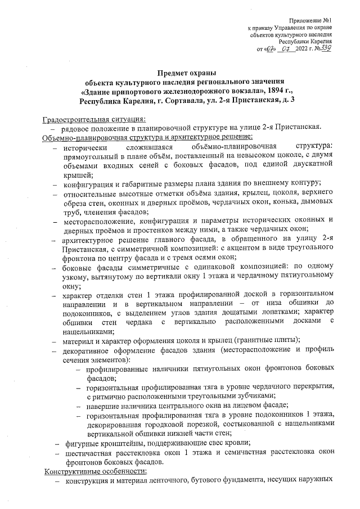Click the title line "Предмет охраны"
186,71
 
